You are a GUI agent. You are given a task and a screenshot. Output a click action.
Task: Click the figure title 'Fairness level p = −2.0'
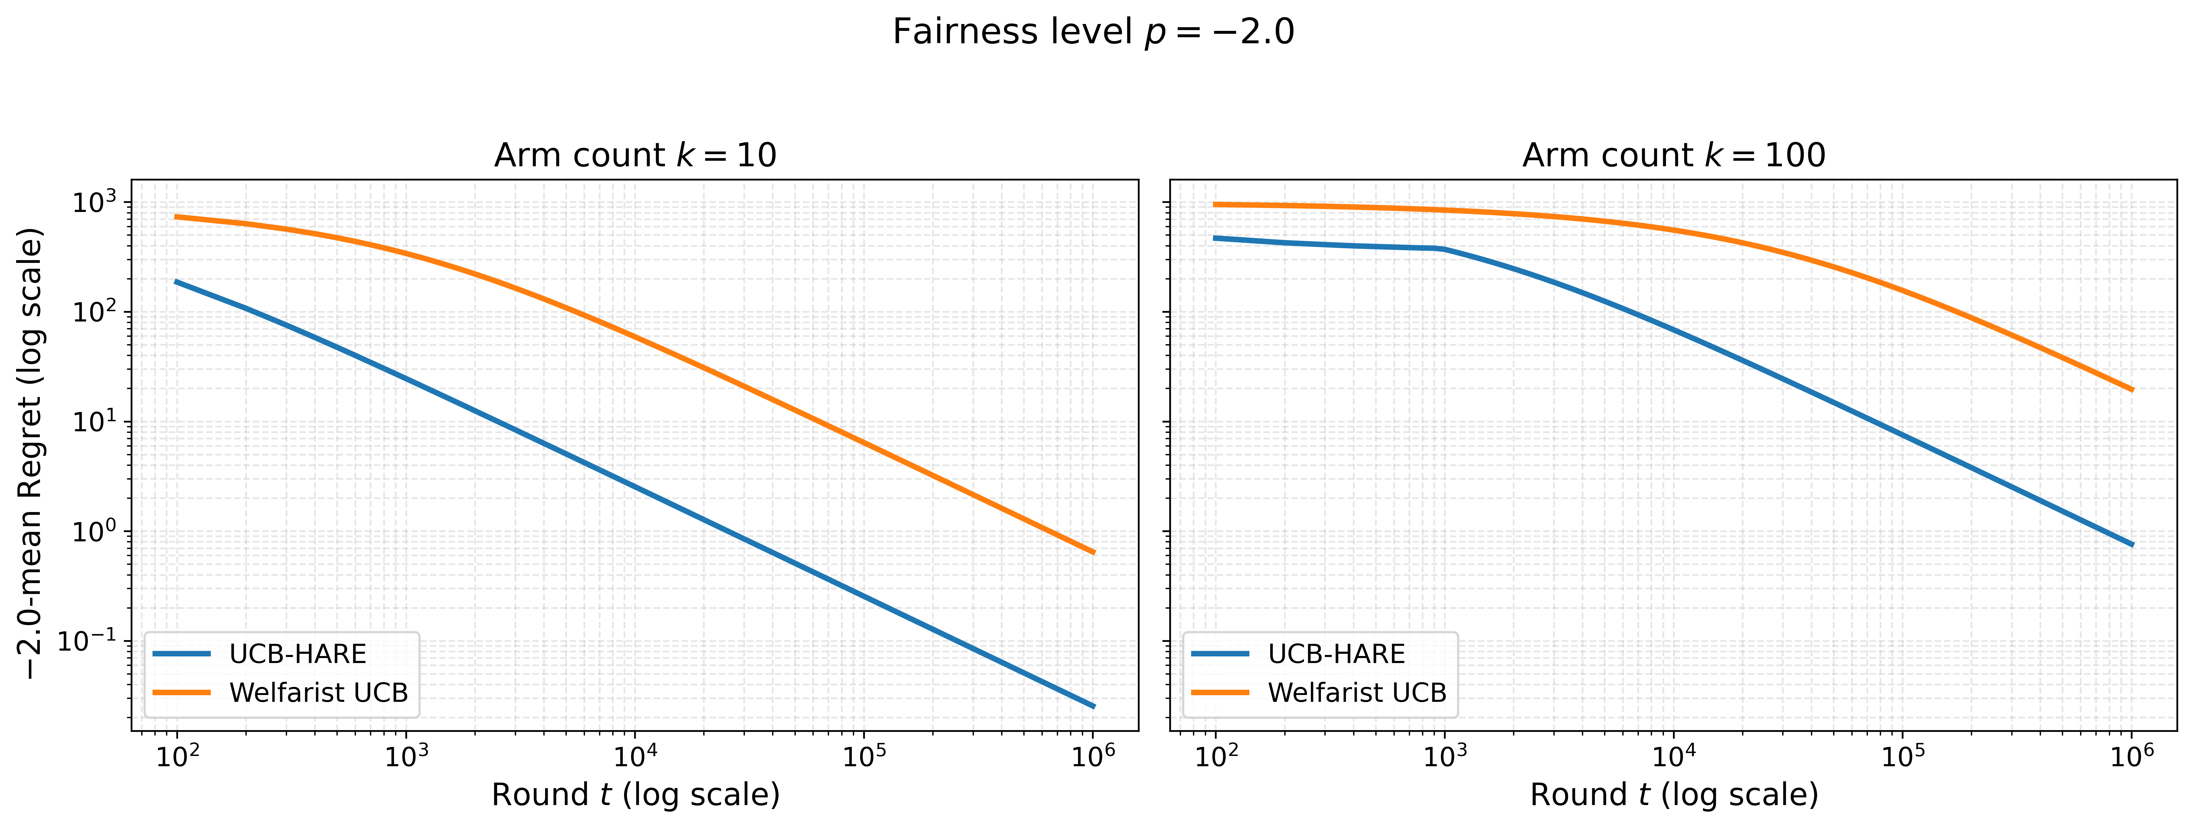coord(1093,32)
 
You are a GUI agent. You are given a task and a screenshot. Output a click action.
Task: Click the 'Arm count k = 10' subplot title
coord(635,155)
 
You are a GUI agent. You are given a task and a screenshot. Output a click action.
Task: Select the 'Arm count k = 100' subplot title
coord(1674,155)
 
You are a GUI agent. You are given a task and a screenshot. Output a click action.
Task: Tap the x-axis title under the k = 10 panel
coord(635,794)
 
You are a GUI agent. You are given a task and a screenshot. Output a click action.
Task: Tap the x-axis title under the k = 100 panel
coord(1674,794)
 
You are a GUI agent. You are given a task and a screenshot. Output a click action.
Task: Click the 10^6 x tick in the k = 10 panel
coord(1093,755)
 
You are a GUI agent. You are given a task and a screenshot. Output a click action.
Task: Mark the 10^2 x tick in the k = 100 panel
coord(1216,755)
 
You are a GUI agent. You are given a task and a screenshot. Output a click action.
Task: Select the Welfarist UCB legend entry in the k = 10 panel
coord(281,693)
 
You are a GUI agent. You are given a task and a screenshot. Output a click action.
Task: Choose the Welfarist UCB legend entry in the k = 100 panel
coord(1320,693)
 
